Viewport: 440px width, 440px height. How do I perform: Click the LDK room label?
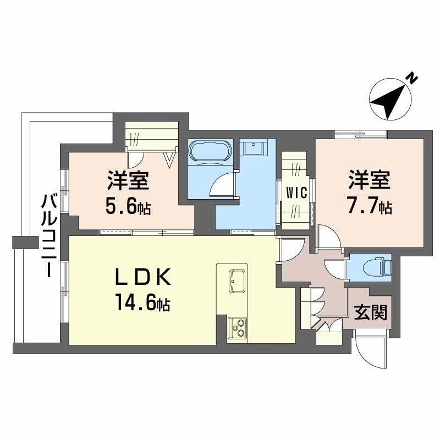[x=143, y=277]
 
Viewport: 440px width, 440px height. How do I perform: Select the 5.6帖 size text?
[x=128, y=207]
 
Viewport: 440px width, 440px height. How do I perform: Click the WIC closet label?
[x=296, y=193]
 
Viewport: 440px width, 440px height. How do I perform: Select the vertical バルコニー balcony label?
[x=49, y=237]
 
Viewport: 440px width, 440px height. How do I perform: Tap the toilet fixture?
[x=376, y=267]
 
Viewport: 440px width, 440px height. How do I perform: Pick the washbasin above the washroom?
[x=254, y=147]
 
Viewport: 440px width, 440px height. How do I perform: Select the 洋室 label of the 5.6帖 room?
[x=128, y=180]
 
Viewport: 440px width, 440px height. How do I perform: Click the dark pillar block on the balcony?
[x=25, y=243]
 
